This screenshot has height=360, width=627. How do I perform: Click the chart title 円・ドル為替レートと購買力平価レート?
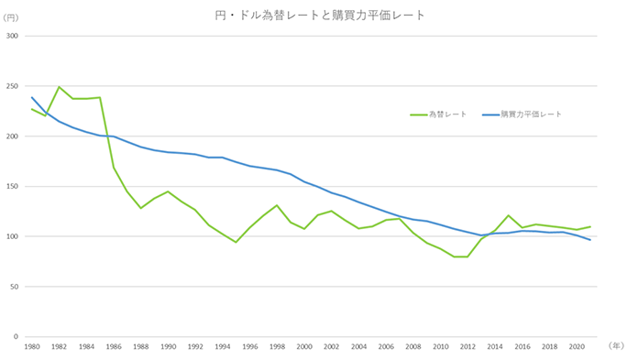coord(313,16)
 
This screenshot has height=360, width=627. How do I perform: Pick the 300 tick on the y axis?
coord(13,37)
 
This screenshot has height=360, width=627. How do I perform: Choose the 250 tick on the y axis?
coord(13,87)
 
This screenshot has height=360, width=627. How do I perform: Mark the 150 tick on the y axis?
coord(13,187)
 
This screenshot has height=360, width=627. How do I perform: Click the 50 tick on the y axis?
coord(15,287)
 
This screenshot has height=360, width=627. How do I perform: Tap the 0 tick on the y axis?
coord(17,337)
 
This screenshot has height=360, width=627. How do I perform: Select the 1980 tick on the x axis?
coord(32,348)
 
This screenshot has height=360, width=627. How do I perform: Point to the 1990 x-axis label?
coord(168,348)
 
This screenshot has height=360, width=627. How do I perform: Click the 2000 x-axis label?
coord(304,348)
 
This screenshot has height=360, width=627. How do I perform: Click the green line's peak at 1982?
coord(59,87)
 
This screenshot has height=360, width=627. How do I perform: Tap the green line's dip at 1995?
coord(236,242)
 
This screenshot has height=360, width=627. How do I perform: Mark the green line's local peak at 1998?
coord(277,205)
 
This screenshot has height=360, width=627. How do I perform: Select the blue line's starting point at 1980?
coord(32,97)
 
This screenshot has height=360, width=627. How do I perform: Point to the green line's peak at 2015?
coord(508,215)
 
